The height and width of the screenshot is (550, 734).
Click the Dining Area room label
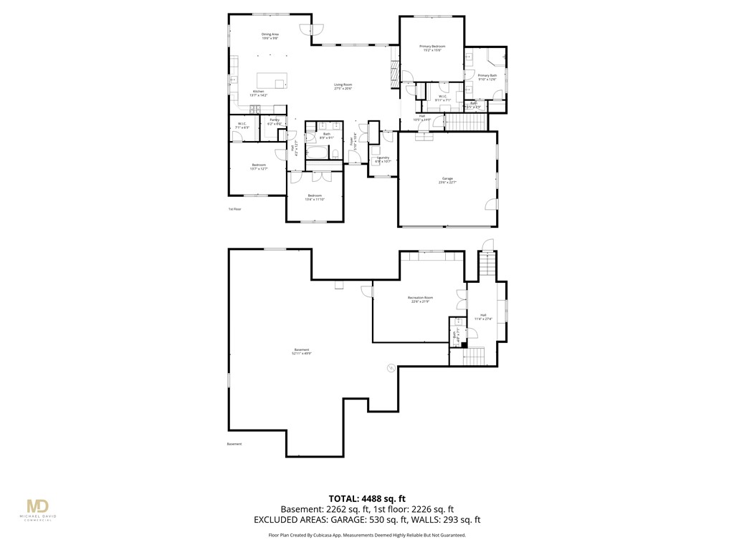pos(270,34)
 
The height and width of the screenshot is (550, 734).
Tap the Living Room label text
pos(343,85)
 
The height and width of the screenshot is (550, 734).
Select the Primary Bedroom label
pos(432,47)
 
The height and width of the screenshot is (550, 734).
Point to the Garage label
pos(447,178)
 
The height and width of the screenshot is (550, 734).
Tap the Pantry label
pos(274,120)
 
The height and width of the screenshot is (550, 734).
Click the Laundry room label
pos(383,158)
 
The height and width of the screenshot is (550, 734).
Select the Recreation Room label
pos(421,297)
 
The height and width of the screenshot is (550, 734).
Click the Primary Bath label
pos(487,75)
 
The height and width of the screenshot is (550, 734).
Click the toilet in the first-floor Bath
pos(335,153)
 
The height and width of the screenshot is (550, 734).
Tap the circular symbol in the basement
pos(391,368)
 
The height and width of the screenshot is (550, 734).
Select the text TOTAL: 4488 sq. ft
pos(367,498)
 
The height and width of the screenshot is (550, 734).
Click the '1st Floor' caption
pos(234,209)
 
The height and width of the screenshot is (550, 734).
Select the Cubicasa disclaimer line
pos(367,535)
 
